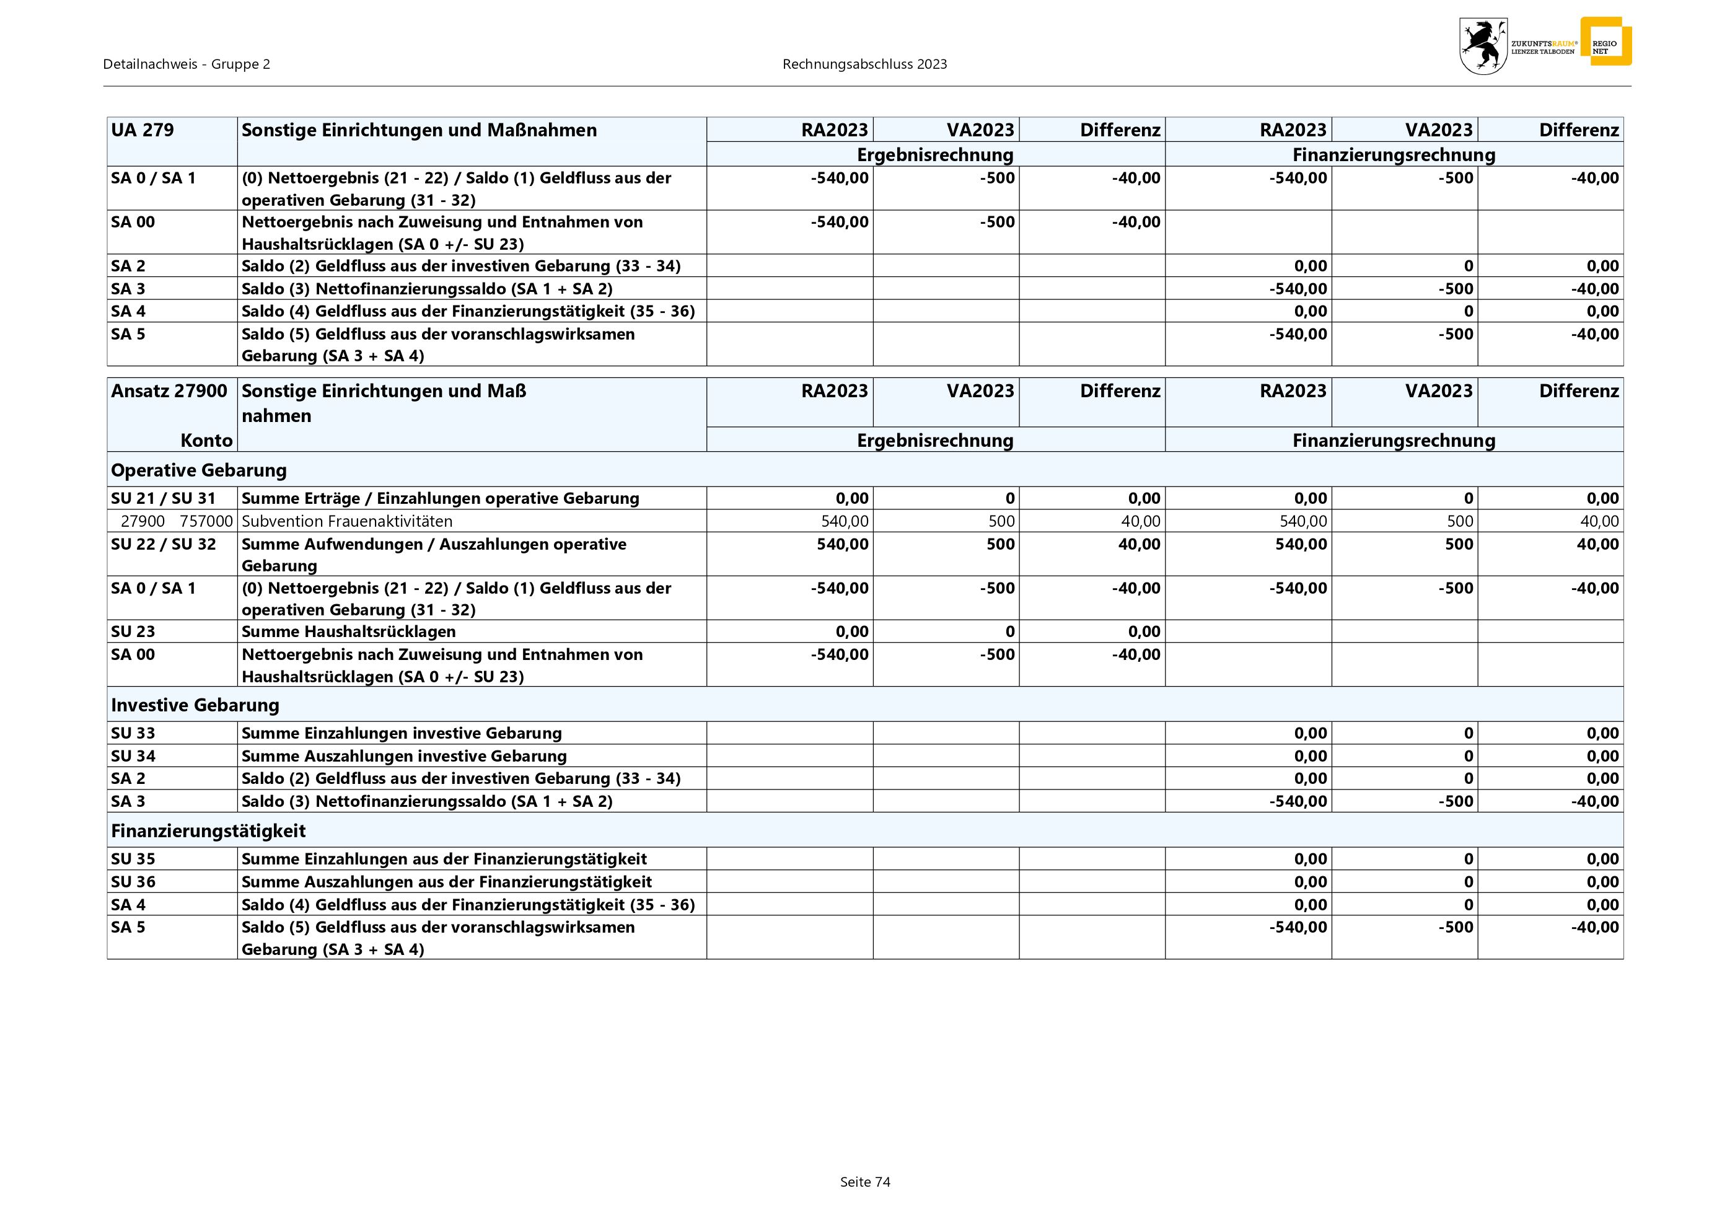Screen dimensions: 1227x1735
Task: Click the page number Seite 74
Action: coord(865,1182)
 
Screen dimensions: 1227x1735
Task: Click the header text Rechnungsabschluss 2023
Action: coord(864,64)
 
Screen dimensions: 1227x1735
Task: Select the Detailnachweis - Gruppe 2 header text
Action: coord(187,64)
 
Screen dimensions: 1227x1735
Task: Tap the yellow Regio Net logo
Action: coord(1605,42)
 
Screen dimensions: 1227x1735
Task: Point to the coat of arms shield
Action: coord(1483,46)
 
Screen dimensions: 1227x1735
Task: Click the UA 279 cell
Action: coord(143,130)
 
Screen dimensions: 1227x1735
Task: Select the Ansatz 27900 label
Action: coord(169,390)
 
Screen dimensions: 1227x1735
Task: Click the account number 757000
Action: coord(206,521)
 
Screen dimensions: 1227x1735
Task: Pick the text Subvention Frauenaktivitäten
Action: coord(347,521)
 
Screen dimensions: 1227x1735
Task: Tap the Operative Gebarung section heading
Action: coord(199,470)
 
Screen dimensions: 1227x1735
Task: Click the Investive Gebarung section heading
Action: coord(195,705)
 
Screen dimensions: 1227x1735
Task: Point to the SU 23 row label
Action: coord(133,631)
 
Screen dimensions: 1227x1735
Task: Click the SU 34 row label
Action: coord(133,755)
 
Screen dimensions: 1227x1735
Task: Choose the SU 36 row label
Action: coord(133,882)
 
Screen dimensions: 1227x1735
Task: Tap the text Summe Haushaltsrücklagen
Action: coord(348,631)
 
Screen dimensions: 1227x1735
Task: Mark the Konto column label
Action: coord(206,441)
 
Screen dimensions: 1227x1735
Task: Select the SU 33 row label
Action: coord(133,733)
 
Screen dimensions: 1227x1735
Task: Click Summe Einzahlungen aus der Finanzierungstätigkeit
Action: coord(444,859)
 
